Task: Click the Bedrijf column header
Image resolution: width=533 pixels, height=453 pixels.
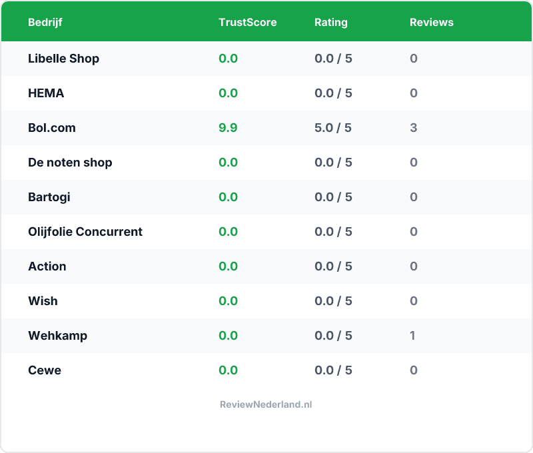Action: (x=45, y=22)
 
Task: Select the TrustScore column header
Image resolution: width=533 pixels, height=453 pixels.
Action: (x=247, y=22)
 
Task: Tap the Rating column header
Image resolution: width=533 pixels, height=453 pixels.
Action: (x=331, y=22)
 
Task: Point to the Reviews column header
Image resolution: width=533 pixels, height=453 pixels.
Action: (x=431, y=22)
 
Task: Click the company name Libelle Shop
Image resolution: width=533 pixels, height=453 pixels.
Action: (x=63, y=59)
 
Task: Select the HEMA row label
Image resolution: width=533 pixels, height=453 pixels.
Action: (x=46, y=93)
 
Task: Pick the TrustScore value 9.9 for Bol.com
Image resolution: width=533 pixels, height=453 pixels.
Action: (x=228, y=128)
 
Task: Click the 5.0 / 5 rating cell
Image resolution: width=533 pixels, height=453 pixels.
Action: (x=333, y=128)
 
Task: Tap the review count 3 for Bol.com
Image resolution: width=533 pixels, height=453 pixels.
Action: (x=414, y=128)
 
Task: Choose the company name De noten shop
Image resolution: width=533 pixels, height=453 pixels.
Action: (x=70, y=163)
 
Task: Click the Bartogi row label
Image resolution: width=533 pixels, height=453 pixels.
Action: (x=49, y=197)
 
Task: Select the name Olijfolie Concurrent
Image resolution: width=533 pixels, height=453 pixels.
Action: (x=85, y=232)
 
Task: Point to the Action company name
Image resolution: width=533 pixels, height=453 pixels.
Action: (x=47, y=266)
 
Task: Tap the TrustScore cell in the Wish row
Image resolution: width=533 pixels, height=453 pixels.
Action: (x=228, y=301)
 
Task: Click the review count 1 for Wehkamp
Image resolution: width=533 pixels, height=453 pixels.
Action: (x=413, y=336)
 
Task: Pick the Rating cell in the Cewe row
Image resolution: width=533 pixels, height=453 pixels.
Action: (x=333, y=370)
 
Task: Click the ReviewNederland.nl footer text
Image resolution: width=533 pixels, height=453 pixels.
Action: (x=266, y=404)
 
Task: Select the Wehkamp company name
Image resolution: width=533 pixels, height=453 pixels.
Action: (x=57, y=336)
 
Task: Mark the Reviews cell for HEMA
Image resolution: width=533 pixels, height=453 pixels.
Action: (x=414, y=93)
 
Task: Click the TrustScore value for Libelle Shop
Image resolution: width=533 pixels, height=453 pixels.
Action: (x=228, y=59)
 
